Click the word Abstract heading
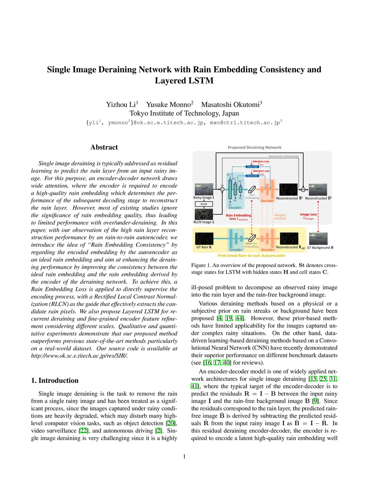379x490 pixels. [x=104, y=147]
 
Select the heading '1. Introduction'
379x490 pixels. [x=55, y=381]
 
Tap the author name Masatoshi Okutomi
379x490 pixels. [x=230, y=105]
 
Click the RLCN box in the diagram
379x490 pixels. [x=204, y=204]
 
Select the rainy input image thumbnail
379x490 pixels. [x=204, y=189]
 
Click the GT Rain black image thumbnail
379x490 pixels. [x=204, y=239]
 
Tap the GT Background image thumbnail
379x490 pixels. [x=318, y=239]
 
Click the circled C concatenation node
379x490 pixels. [x=222, y=189]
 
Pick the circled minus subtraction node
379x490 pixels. [x=303, y=189]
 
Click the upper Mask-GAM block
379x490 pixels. [x=252, y=167]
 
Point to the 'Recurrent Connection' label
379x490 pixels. [x=284, y=156]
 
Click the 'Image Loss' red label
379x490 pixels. [x=308, y=214]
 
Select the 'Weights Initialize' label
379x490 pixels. [x=280, y=217]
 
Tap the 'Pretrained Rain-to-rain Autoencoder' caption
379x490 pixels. [x=252, y=256]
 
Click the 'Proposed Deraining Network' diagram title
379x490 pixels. [x=254, y=148]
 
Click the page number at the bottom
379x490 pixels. [x=184, y=457]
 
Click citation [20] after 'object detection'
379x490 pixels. [x=171, y=423]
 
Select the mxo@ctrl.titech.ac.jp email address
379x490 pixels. [x=245, y=123]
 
